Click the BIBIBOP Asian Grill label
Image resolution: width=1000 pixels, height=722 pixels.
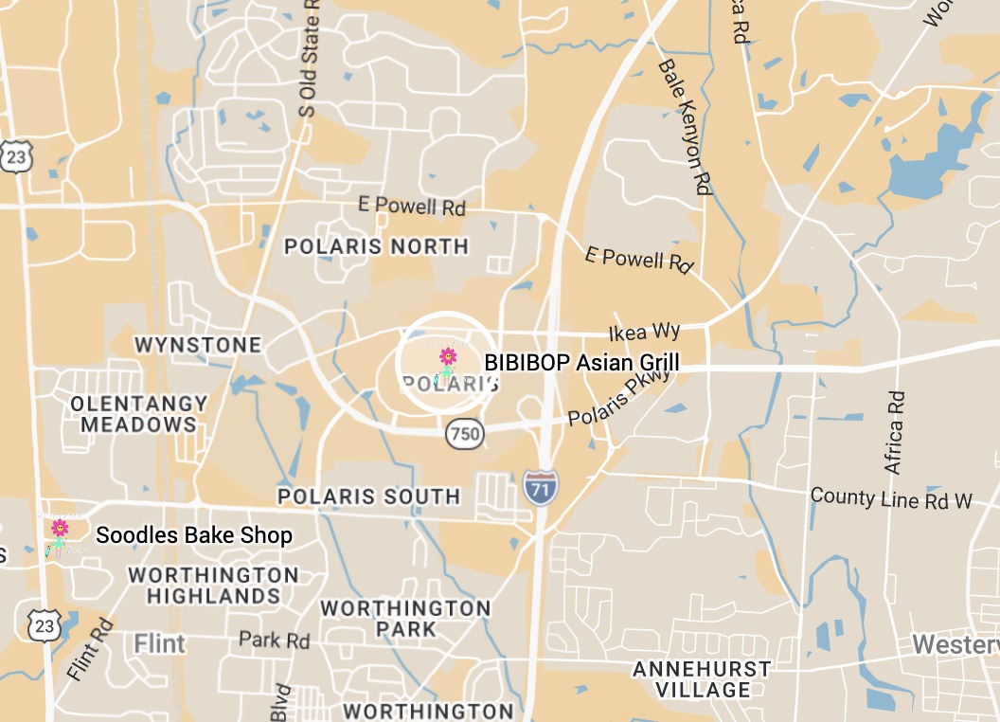coord(581,362)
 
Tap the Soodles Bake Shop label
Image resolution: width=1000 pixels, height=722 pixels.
coord(194,535)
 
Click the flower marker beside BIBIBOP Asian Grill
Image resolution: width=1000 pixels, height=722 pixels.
coord(448,358)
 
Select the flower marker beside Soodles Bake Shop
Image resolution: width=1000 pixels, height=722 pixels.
coord(60,529)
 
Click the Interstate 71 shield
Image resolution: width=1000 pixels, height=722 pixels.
coord(540,484)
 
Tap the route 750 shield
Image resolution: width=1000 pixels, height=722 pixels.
coord(465,434)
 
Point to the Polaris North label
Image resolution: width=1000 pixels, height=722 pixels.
coord(376,246)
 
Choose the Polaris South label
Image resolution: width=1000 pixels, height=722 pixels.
coord(368,496)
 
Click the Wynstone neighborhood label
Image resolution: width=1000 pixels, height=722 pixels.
coord(198,345)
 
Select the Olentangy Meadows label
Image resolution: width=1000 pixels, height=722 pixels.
coord(138,414)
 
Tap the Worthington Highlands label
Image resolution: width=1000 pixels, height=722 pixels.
coord(213,586)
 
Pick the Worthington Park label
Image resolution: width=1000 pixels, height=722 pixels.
coord(405,618)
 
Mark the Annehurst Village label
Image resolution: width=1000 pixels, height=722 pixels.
coord(702,679)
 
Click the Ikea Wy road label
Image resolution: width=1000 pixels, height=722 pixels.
coord(644,332)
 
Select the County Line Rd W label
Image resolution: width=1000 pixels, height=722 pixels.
coord(891,498)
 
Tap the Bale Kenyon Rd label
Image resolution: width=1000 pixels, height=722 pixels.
coord(684,127)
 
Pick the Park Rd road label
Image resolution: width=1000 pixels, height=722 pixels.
coord(274,641)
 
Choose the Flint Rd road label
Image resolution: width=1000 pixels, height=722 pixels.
coord(91,650)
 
